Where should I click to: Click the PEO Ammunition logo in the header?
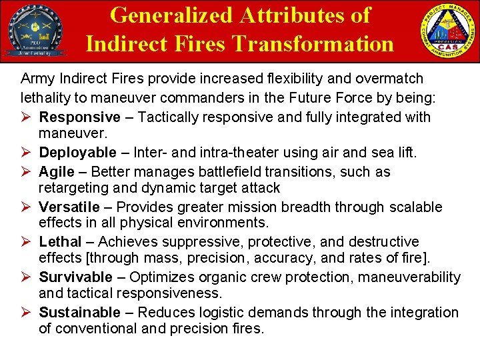[x=35, y=32]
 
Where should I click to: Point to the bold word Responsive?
[x=80, y=117]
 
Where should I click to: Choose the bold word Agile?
[x=57, y=171]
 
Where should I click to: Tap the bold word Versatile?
[x=69, y=207]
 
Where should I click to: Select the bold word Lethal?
[x=60, y=241]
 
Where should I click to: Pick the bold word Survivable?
[x=76, y=277]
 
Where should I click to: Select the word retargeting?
[x=75, y=188]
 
